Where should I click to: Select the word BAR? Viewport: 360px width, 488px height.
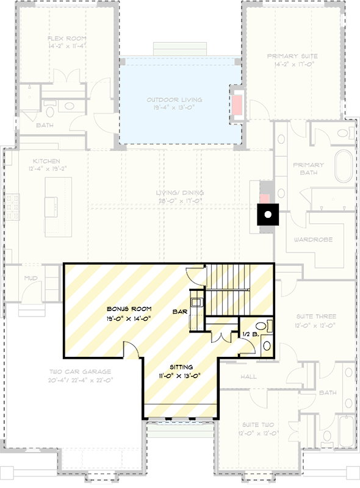179,312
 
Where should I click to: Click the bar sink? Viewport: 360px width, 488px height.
196,301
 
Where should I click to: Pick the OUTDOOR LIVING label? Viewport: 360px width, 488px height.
174,100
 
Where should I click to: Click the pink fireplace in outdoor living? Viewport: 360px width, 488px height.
236,101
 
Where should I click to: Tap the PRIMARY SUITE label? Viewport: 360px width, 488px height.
292,56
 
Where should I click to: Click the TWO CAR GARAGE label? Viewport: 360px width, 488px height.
81,371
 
